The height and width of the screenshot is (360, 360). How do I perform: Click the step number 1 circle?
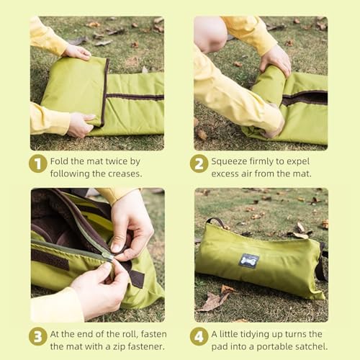[x=38, y=163]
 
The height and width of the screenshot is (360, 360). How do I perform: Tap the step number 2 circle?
[x=199, y=163]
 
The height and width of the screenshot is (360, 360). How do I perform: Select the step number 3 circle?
[x=38, y=336]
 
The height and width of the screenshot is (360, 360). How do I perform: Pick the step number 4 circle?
[x=199, y=336]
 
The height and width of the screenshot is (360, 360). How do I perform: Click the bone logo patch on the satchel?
[x=249, y=261]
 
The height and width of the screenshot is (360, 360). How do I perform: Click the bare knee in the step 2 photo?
[x=210, y=33]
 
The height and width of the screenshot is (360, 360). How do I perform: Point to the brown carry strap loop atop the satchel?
[x=216, y=221]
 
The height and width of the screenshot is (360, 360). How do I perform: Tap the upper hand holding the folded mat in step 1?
[x=77, y=52]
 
